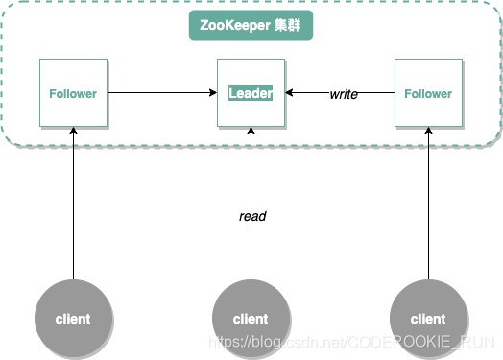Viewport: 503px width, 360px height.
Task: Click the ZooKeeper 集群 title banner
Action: click(x=251, y=26)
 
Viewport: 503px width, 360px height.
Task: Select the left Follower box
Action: click(x=73, y=93)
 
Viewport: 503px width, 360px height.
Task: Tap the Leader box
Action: click(x=251, y=93)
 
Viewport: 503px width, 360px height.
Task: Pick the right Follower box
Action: click(x=427, y=93)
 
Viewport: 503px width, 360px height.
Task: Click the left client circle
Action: click(x=73, y=318)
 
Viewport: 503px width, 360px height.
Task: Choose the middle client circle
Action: click(x=251, y=318)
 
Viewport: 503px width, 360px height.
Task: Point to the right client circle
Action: click(x=428, y=318)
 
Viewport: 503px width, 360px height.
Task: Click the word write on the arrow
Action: click(x=344, y=93)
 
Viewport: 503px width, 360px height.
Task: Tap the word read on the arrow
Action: click(x=251, y=216)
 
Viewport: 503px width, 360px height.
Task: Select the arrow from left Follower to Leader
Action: click(x=158, y=93)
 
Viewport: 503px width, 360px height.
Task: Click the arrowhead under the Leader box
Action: click(x=251, y=132)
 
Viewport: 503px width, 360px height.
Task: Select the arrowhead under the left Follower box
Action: click(x=73, y=132)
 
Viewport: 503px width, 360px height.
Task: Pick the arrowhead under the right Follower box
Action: click(x=427, y=132)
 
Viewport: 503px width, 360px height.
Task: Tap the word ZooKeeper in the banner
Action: click(x=235, y=26)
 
